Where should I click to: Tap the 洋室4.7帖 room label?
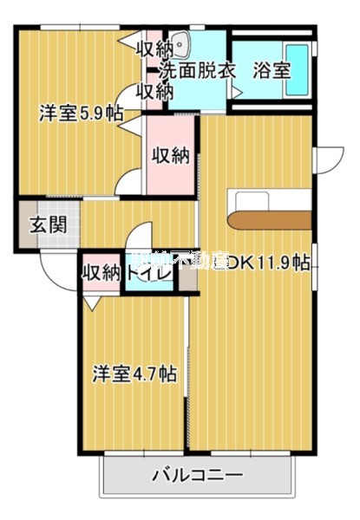135,374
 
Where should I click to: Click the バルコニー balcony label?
198,475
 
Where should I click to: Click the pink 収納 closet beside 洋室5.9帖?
171,156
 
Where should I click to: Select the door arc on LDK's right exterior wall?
328,160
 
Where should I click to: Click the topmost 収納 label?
156,48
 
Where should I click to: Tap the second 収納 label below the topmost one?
156,90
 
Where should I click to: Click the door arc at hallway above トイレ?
141,238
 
